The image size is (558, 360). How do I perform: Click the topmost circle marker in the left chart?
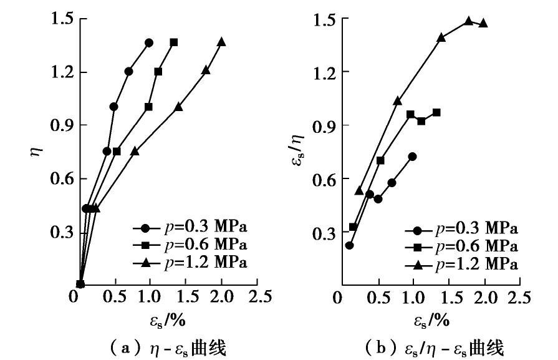coord(149,42)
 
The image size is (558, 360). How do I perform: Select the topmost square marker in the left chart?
coord(174,42)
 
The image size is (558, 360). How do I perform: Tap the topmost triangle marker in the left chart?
coord(221,42)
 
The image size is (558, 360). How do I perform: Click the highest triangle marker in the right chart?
coord(468,21)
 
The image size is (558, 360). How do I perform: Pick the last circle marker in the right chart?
coord(412,156)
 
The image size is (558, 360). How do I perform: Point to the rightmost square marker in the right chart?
coord(436,112)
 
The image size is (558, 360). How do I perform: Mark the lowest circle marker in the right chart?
coord(349,245)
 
